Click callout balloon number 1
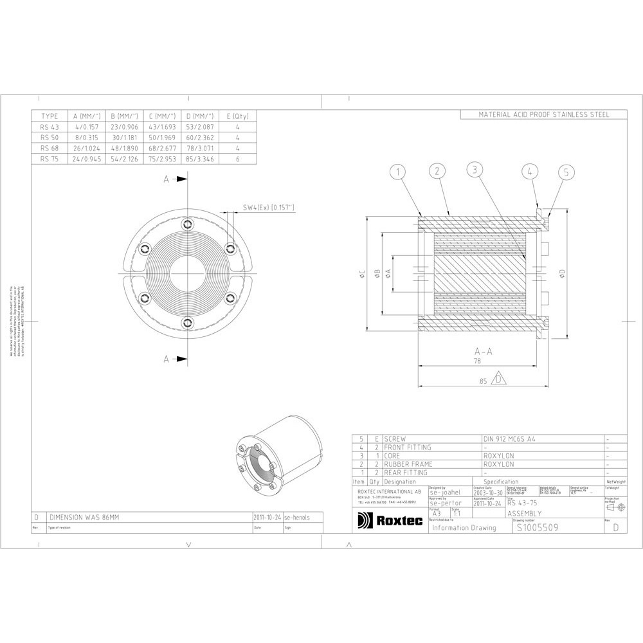399,172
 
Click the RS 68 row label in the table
50,147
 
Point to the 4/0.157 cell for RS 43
86,127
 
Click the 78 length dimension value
478,361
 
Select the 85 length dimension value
482,381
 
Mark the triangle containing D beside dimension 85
499,379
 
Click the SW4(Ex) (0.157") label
268,207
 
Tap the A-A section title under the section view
483,351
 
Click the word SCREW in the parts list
395,439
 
